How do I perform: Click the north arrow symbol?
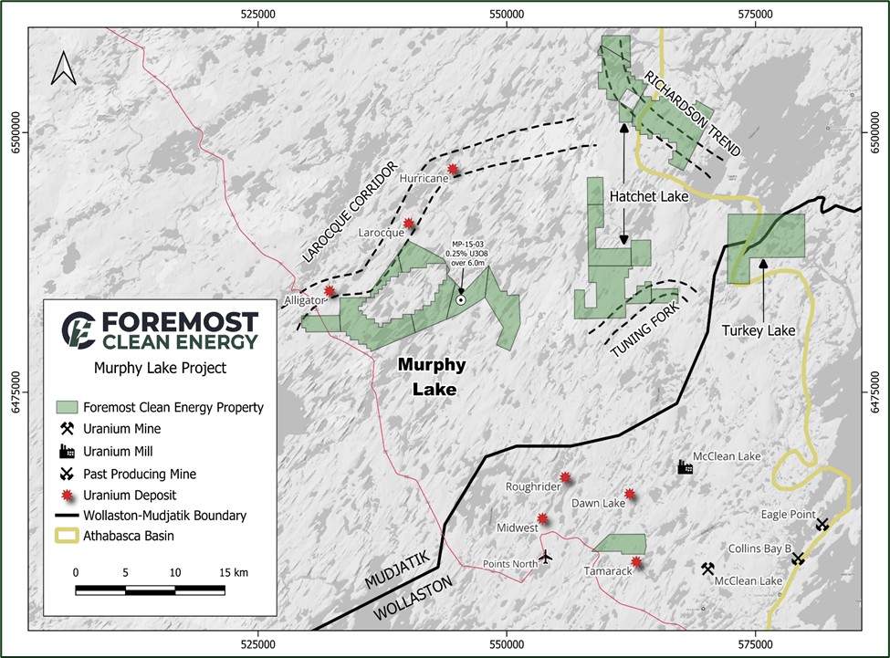(x=62, y=68)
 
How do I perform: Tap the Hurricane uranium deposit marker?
(x=454, y=169)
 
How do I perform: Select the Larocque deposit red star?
(x=409, y=223)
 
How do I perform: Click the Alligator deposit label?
(x=304, y=299)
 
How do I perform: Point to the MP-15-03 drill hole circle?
(x=461, y=298)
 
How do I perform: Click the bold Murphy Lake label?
(x=432, y=377)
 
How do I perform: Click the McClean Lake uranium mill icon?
(x=685, y=467)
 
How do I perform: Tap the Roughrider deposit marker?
(x=566, y=477)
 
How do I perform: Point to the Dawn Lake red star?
(x=629, y=495)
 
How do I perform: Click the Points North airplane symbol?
(x=546, y=556)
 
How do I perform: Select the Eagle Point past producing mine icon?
(x=822, y=524)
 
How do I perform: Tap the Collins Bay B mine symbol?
(x=798, y=559)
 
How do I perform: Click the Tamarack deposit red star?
(x=636, y=562)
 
